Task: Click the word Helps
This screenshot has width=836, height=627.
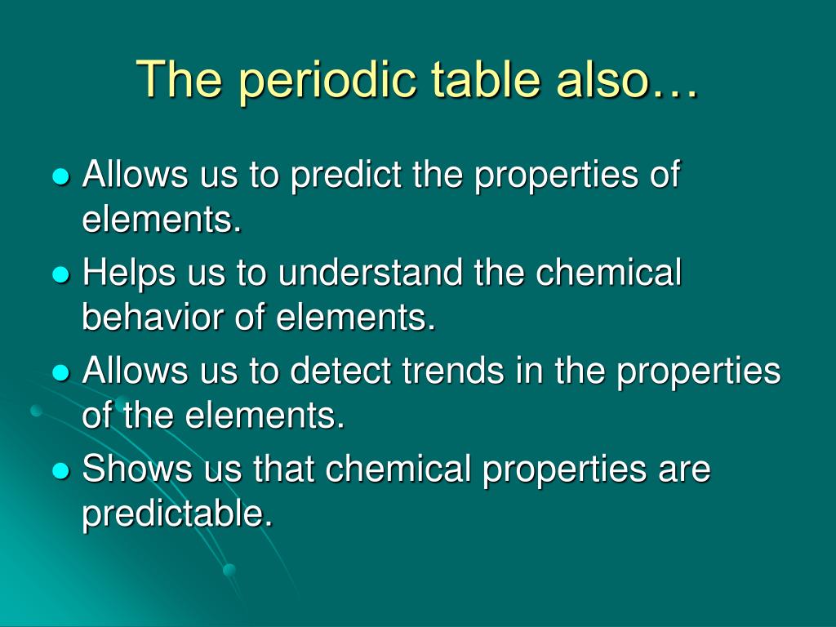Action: (x=128, y=273)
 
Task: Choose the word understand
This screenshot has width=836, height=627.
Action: (x=370, y=272)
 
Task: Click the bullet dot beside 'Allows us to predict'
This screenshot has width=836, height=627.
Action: (x=62, y=176)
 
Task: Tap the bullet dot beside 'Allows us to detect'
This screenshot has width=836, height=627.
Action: (x=62, y=372)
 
